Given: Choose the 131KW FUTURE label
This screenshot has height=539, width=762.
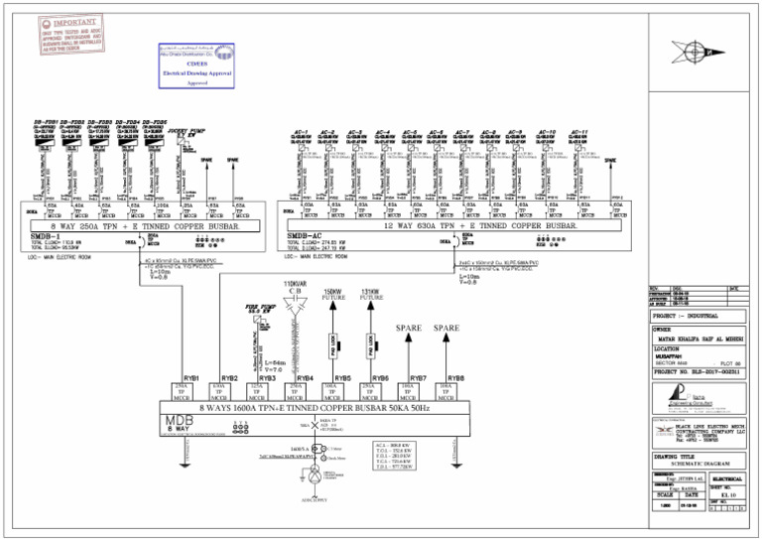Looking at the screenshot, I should coord(372,294).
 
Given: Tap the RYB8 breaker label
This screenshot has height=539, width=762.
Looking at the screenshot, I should coord(455,378).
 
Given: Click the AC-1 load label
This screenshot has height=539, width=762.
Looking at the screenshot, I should coord(301,132).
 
